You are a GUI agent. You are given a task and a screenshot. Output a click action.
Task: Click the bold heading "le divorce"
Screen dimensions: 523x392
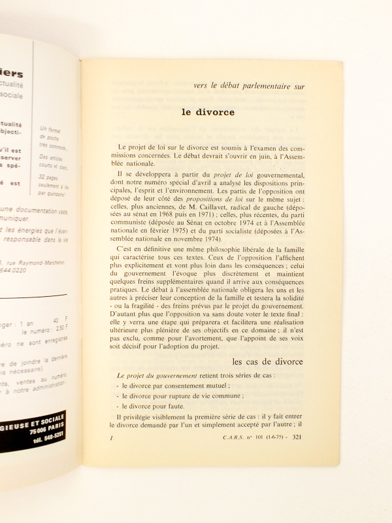click(208, 112)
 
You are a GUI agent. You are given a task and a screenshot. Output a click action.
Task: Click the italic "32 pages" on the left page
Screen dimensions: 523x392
click(50, 178)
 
